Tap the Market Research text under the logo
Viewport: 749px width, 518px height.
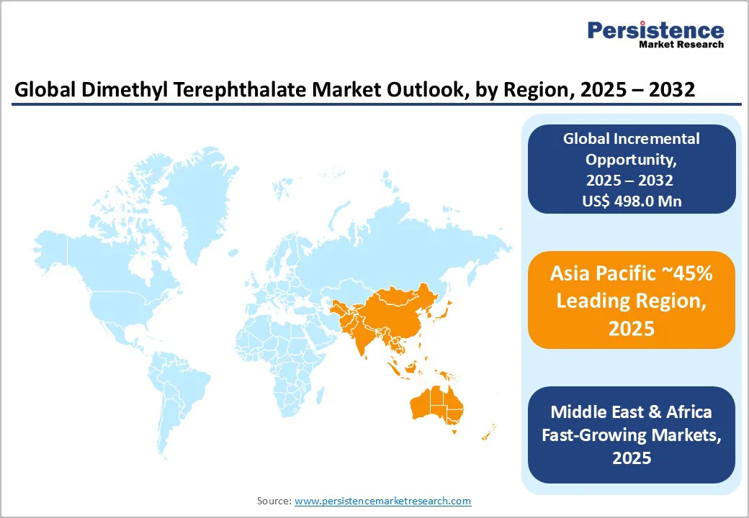(x=681, y=45)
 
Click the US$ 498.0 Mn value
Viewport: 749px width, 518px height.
(x=632, y=201)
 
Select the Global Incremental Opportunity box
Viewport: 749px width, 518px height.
(x=632, y=169)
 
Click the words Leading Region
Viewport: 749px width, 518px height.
(x=631, y=301)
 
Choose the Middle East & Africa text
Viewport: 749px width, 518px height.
(x=632, y=412)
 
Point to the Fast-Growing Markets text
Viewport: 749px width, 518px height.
(x=632, y=435)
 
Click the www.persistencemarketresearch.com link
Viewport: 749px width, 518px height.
(x=382, y=501)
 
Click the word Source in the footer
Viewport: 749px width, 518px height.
(x=274, y=501)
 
